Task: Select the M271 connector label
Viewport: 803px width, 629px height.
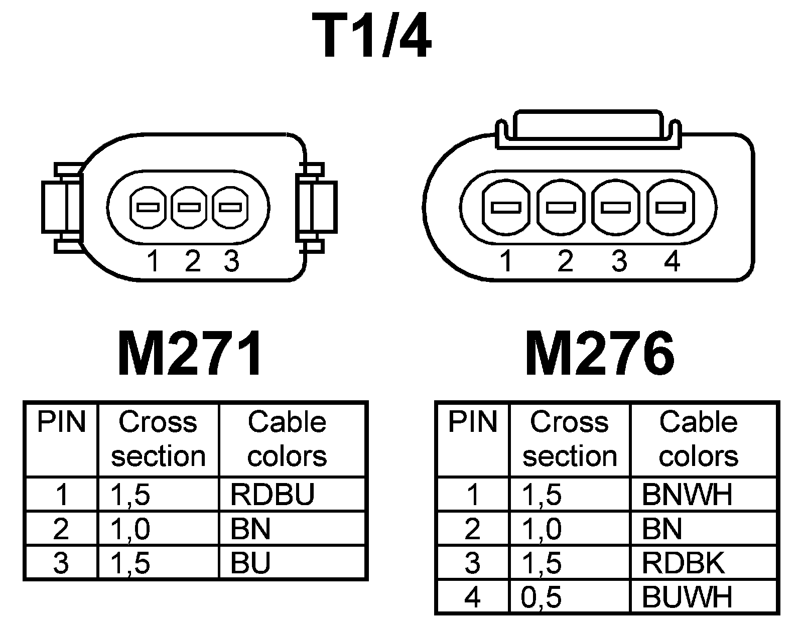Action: (190, 354)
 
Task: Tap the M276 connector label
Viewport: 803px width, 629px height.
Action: (599, 354)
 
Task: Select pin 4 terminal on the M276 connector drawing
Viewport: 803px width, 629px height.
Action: (671, 207)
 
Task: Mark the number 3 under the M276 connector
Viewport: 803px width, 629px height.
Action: (619, 261)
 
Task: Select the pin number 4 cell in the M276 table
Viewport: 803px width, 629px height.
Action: (472, 597)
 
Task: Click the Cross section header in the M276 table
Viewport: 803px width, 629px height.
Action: (570, 439)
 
